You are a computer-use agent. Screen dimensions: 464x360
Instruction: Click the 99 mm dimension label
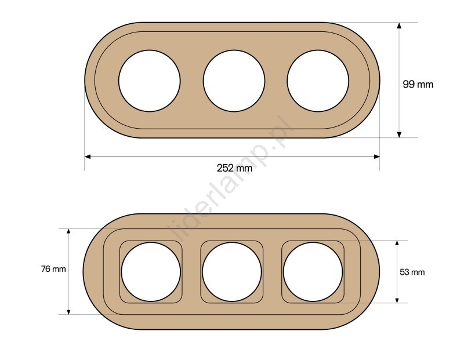pos(418,85)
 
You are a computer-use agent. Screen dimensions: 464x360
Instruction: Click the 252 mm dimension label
pos(235,168)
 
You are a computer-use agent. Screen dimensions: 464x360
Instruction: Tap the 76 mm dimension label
pos(53,269)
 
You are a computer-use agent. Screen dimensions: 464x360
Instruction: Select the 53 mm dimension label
pos(412,272)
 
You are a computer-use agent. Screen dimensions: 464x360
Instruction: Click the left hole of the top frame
pos(150,81)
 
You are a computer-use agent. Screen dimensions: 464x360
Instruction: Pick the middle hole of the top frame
pos(234,81)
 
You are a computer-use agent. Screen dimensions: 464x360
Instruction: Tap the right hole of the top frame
pos(318,81)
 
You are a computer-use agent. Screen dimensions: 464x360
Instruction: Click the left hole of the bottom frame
pos(151,272)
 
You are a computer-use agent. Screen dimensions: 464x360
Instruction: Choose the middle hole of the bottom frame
pos(232,272)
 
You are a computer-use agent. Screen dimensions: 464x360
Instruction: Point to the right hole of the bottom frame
pos(313,272)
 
